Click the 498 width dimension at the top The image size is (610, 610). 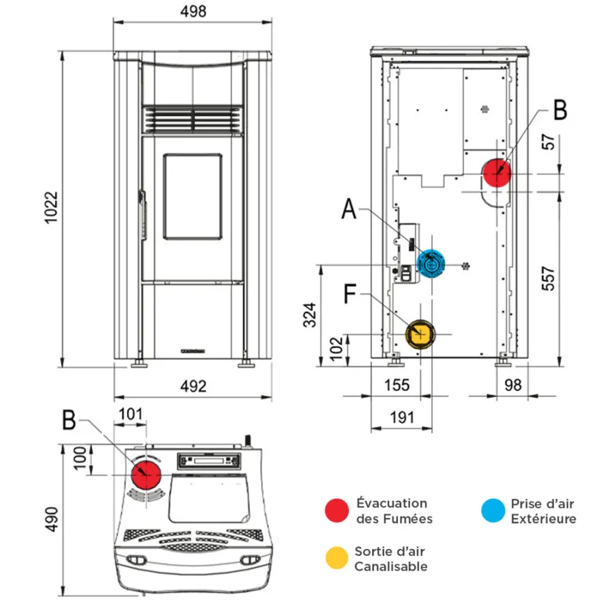click(193, 12)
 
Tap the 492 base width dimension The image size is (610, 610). click(192, 386)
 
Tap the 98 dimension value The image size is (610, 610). click(513, 385)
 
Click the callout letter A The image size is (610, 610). click(348, 210)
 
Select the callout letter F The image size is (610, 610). click(350, 294)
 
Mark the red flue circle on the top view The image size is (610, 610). click(145, 474)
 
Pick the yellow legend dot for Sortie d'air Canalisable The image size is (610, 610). click(337, 558)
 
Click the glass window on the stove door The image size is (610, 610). click(192, 197)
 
